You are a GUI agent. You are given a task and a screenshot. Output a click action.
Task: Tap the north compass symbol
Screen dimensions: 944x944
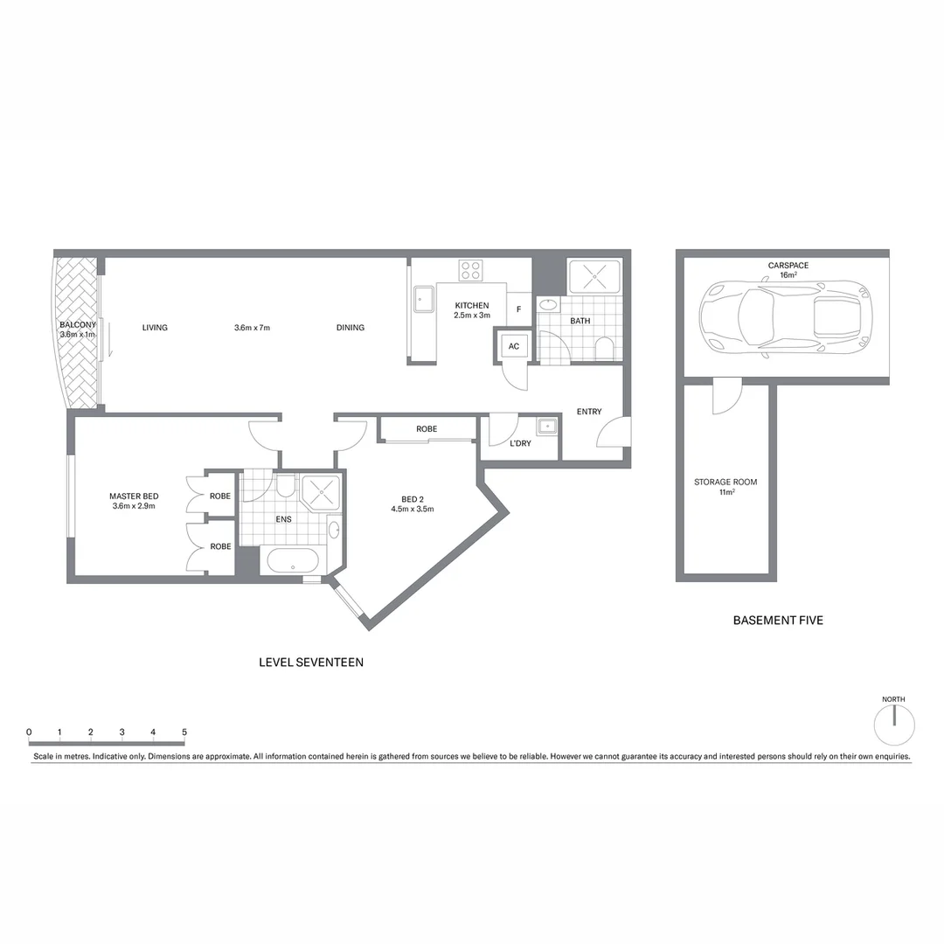pyautogui.click(x=894, y=725)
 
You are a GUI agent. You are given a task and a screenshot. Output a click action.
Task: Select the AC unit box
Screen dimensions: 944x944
pyautogui.click(x=514, y=346)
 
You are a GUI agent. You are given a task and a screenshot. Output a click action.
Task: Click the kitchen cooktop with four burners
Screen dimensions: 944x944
pyautogui.click(x=470, y=270)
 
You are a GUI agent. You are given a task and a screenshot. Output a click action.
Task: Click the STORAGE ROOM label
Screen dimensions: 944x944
pyautogui.click(x=725, y=482)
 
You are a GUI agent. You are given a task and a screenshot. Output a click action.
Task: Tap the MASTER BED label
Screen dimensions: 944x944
pyautogui.click(x=134, y=496)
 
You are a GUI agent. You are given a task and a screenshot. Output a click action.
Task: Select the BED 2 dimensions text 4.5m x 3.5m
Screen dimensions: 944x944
pyautogui.click(x=413, y=509)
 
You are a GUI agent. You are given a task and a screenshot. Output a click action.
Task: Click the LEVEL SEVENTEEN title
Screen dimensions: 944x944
pyautogui.click(x=311, y=663)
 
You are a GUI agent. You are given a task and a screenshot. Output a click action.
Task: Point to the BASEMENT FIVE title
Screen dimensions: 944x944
pyautogui.click(x=778, y=621)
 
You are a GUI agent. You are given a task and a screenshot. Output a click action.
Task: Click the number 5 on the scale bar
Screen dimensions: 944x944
pyautogui.click(x=184, y=732)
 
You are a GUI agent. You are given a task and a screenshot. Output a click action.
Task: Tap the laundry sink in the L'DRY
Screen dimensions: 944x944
pyautogui.click(x=547, y=427)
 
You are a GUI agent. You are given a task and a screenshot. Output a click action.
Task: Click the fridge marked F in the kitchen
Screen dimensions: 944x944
pyautogui.click(x=519, y=309)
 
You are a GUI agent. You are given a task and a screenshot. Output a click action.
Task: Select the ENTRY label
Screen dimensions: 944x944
pyautogui.click(x=589, y=412)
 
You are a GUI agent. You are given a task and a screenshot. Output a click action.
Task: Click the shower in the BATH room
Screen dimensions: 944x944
pyautogui.click(x=594, y=277)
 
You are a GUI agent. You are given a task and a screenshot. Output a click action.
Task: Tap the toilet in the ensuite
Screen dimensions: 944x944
pyautogui.click(x=286, y=486)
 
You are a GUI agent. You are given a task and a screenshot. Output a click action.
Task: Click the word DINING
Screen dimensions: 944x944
pyautogui.click(x=351, y=328)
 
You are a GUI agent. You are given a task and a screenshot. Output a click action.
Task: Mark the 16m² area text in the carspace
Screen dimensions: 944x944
pyautogui.click(x=788, y=275)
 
